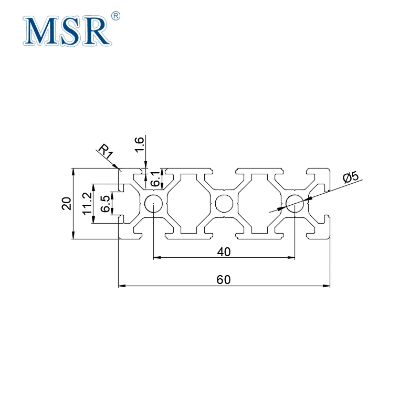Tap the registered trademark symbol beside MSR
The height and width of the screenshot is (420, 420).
click(x=117, y=16)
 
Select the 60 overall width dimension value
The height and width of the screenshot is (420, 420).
click(x=224, y=279)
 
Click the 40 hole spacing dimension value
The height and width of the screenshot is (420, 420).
click(x=224, y=251)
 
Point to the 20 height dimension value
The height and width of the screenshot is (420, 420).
click(x=66, y=203)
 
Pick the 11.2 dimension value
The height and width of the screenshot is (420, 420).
click(x=87, y=203)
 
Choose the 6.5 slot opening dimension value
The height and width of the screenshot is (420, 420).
click(x=105, y=204)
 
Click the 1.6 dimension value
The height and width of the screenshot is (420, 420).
click(x=140, y=144)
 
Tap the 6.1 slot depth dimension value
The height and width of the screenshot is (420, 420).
click(x=155, y=180)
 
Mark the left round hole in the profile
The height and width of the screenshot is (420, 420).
click(x=153, y=203)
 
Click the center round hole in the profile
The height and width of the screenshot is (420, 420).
click(x=224, y=203)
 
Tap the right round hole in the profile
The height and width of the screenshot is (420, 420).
click(x=295, y=203)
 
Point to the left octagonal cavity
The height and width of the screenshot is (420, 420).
click(x=188, y=203)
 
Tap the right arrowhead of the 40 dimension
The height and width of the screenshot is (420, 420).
click(x=291, y=258)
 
